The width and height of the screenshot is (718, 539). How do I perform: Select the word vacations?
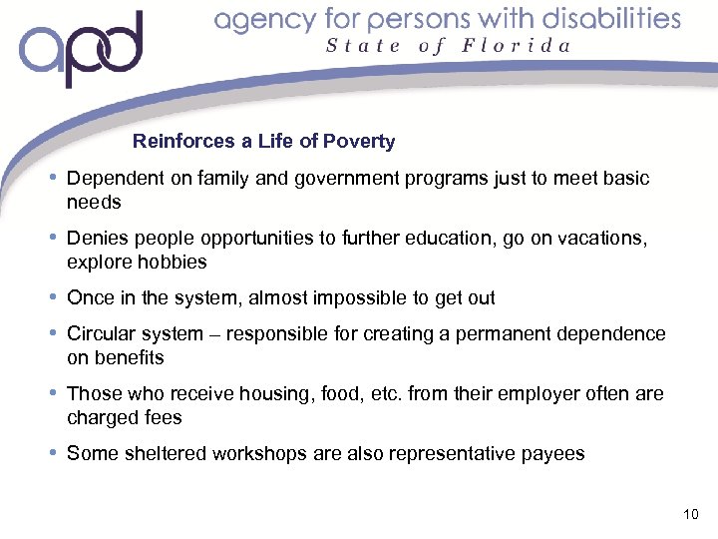[602, 239]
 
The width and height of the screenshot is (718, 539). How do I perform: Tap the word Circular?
[100, 334]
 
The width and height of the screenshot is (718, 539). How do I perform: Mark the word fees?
[163, 418]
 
